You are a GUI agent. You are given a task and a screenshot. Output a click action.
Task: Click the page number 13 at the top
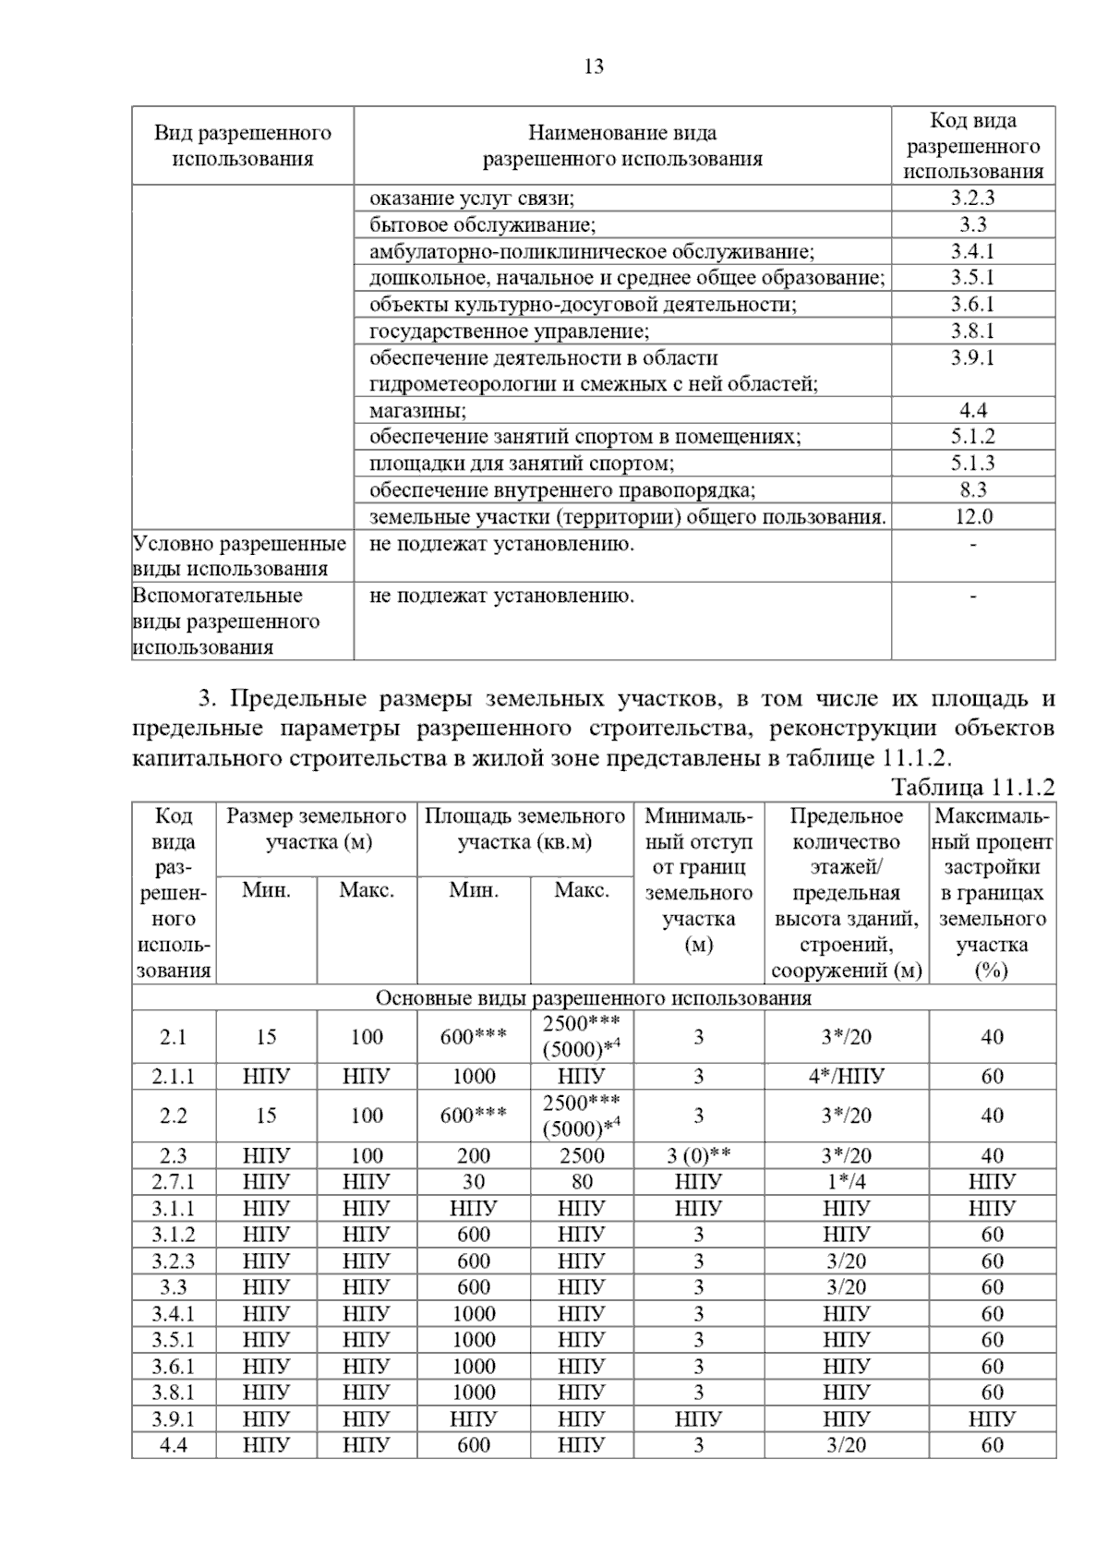click(594, 66)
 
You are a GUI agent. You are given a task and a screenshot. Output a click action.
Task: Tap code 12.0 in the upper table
click(973, 516)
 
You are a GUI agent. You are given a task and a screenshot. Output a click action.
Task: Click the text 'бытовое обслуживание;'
click(482, 225)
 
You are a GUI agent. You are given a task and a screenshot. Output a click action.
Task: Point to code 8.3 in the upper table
click(973, 489)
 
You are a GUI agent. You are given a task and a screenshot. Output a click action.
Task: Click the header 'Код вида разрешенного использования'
click(972, 146)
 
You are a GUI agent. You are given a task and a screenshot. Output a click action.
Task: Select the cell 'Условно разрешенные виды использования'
click(240, 556)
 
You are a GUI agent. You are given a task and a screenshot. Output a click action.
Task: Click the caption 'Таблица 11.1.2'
click(972, 788)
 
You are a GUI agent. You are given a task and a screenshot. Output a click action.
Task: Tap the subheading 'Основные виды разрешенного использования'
click(593, 998)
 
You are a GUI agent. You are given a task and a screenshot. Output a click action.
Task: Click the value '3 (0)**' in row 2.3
click(698, 1155)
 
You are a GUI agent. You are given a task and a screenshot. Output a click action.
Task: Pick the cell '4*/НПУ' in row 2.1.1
click(846, 1076)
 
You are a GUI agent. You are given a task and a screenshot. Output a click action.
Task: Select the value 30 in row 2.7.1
click(474, 1181)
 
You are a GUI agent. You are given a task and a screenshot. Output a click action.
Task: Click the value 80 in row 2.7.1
click(582, 1181)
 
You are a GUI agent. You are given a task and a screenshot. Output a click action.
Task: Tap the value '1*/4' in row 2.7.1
click(846, 1181)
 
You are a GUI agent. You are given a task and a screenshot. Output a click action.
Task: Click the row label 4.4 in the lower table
click(174, 1445)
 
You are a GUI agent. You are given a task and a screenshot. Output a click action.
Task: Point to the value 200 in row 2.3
click(474, 1155)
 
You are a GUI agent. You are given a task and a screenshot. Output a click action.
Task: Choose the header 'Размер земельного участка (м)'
click(317, 829)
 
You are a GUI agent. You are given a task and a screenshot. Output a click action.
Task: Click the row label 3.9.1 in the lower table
click(174, 1418)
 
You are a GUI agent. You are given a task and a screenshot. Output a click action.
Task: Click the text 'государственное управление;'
click(509, 332)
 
